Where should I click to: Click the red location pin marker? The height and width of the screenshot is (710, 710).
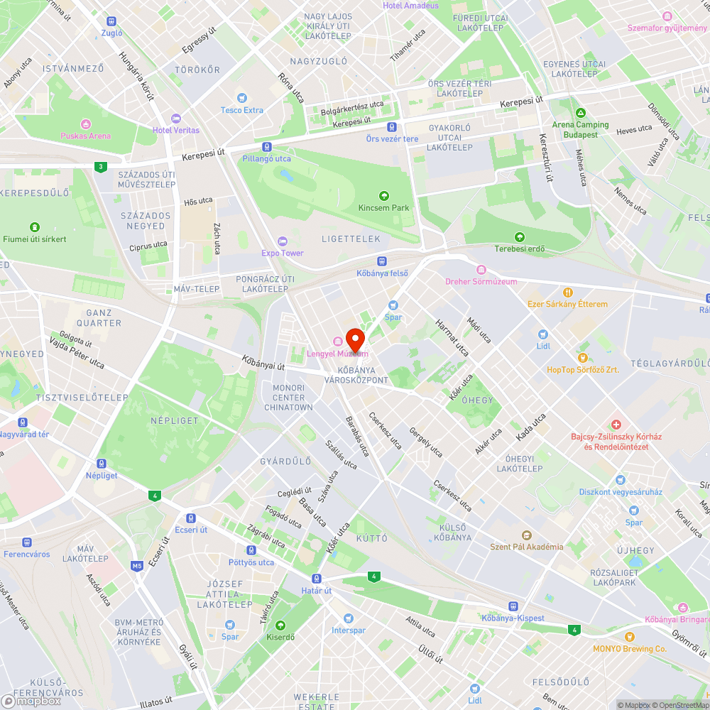click(x=355, y=339)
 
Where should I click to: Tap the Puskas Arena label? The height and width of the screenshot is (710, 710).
click(x=86, y=136)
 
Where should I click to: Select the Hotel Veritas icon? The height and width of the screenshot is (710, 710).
click(x=175, y=118)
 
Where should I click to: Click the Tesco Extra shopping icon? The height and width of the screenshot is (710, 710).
click(x=242, y=98)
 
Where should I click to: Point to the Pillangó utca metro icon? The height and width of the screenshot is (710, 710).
click(x=266, y=147)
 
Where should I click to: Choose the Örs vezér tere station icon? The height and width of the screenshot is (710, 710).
click(x=391, y=127)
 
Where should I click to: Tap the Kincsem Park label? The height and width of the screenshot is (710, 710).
click(x=384, y=208)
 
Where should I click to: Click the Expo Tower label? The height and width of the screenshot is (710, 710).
click(x=282, y=253)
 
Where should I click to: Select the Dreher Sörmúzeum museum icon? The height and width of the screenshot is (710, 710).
click(x=481, y=270)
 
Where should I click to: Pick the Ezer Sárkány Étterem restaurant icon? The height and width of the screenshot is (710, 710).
click(x=567, y=293)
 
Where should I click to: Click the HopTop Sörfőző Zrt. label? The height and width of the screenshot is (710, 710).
click(x=582, y=370)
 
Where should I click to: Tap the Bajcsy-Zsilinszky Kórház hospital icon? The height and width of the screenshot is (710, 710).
click(x=616, y=425)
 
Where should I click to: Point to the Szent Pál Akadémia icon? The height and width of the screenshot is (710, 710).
click(x=526, y=535)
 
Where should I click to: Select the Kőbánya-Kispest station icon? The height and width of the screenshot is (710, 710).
click(x=513, y=606)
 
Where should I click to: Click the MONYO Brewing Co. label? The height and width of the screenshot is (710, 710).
click(x=630, y=649)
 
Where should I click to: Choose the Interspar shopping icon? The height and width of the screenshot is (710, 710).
click(x=348, y=618)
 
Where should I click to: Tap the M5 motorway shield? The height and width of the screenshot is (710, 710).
click(x=137, y=566)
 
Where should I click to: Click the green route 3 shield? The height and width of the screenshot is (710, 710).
click(x=101, y=167)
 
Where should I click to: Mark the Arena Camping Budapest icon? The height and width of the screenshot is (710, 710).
click(x=581, y=113)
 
